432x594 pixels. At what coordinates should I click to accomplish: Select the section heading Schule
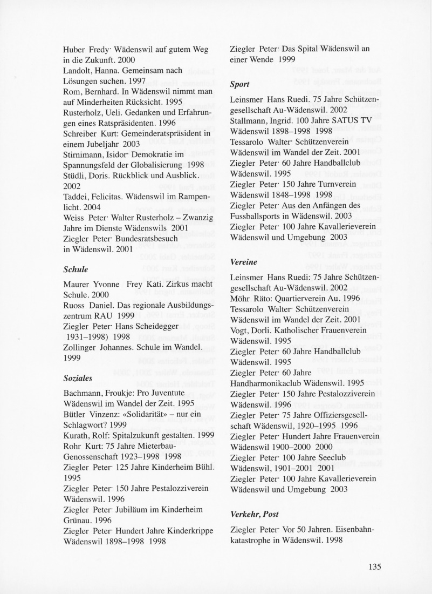tap(76, 269)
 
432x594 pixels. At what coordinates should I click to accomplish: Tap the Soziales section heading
tap(79, 379)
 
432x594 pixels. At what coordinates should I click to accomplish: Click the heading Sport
tap(239, 85)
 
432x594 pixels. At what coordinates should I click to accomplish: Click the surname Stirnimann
tap(85, 154)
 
